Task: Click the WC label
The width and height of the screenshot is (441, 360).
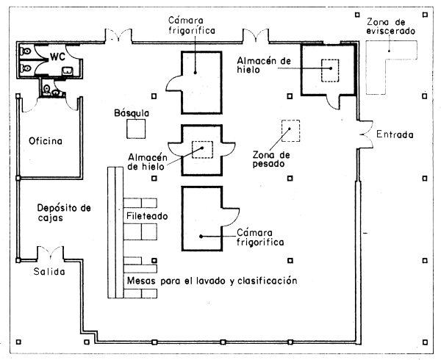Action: [x=59, y=56]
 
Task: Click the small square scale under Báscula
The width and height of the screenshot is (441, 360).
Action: [x=135, y=129]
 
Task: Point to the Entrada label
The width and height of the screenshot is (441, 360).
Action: [x=395, y=135]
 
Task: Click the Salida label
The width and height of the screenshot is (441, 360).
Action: [x=48, y=272]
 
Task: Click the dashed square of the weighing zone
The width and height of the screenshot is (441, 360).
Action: [x=291, y=131]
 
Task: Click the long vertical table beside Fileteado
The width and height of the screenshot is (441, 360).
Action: [x=114, y=232]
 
